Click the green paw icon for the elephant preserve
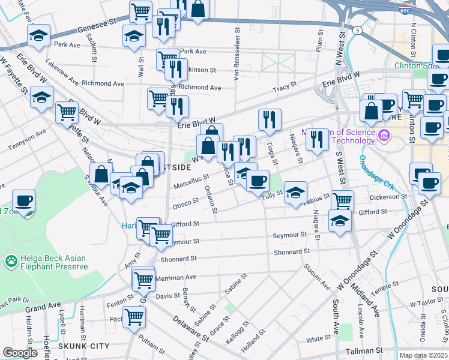point(10,261)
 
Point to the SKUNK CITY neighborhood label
point(83,346)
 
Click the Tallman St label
point(363,350)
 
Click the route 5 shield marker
point(357,30)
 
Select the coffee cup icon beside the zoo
point(23,201)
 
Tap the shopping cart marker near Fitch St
point(134,316)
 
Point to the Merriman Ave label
point(176,278)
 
